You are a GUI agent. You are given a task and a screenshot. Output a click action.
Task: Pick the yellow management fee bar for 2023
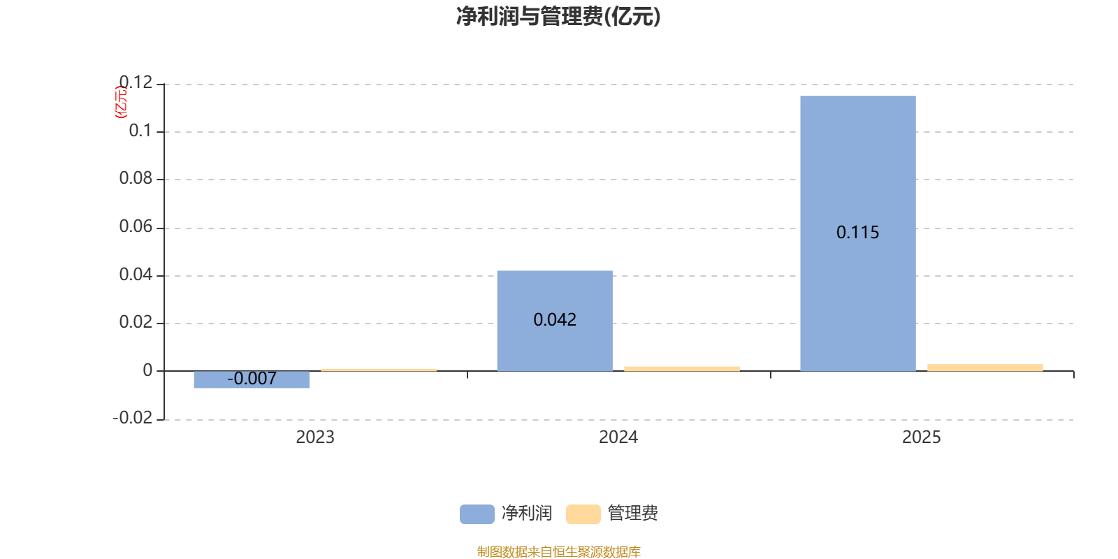(379, 370)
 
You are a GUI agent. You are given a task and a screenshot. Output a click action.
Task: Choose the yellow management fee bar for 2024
(681, 368)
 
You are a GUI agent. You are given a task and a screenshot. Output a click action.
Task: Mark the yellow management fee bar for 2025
(985, 368)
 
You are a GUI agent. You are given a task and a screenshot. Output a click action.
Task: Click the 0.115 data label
(857, 233)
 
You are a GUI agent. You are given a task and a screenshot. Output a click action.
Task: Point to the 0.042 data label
(554, 320)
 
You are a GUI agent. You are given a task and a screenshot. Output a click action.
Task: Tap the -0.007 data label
(252, 379)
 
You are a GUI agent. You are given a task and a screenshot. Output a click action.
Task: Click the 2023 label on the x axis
(314, 437)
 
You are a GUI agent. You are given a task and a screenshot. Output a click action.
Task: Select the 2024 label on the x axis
(618, 437)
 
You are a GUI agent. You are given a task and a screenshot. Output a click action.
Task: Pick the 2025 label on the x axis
(921, 437)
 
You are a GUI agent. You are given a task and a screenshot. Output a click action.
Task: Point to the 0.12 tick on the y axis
(136, 83)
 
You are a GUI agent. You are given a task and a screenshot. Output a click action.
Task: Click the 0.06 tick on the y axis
(136, 226)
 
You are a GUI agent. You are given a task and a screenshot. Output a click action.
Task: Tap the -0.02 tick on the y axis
(132, 418)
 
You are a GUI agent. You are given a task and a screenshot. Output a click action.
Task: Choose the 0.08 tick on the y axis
(136, 179)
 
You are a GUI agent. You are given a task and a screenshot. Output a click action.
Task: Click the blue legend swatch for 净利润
(477, 514)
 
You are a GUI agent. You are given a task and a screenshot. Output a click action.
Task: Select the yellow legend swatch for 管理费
(583, 514)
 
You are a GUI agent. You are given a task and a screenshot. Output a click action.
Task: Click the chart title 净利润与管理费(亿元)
(558, 16)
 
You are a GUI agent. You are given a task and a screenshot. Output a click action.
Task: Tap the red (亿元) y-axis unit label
(121, 102)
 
